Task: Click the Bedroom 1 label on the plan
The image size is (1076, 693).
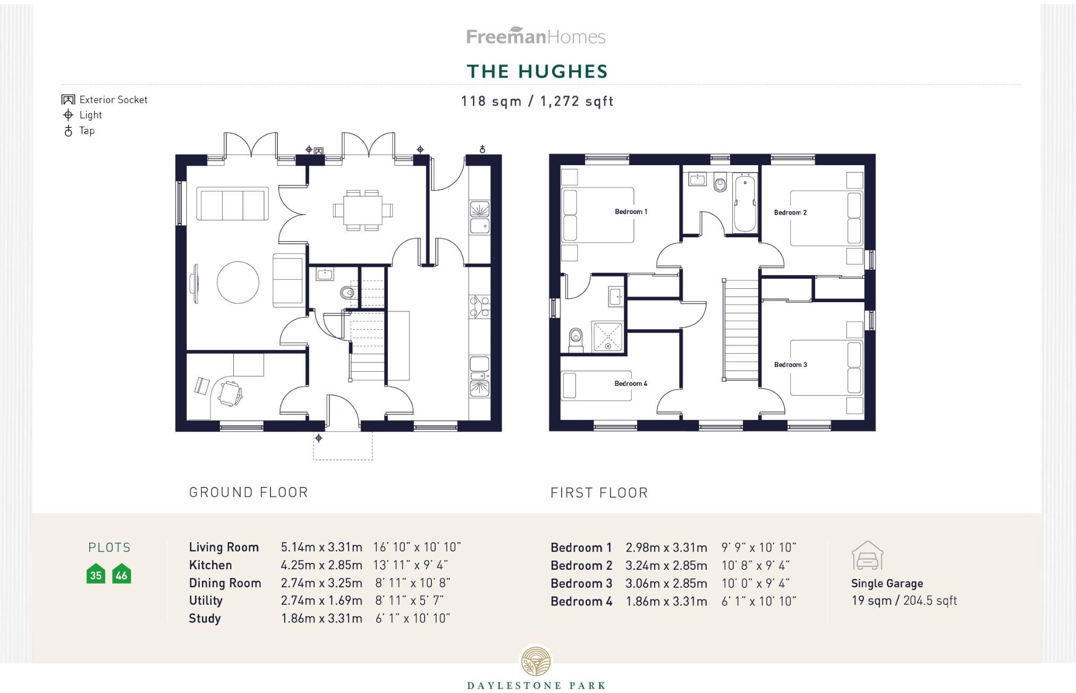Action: (x=631, y=211)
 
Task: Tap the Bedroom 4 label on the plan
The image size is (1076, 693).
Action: (x=631, y=383)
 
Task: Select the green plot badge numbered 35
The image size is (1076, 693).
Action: (x=96, y=574)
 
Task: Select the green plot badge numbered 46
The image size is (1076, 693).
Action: (x=121, y=574)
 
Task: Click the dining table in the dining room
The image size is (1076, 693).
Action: (x=363, y=210)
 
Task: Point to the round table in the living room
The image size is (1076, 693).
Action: (x=238, y=283)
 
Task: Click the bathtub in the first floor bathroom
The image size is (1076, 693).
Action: (x=745, y=203)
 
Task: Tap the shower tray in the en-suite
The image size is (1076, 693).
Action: (x=607, y=336)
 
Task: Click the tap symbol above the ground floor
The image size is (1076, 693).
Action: (x=482, y=149)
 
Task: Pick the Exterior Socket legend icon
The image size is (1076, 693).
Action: (x=68, y=99)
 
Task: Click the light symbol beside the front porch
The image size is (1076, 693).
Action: (x=318, y=438)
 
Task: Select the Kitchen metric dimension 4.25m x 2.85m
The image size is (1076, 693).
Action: (x=321, y=565)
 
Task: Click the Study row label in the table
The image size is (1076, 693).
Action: (x=205, y=618)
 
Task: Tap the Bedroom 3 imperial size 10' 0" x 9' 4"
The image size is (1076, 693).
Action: (x=755, y=583)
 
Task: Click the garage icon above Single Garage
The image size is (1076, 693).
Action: (x=867, y=555)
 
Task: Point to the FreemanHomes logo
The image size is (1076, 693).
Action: (x=536, y=36)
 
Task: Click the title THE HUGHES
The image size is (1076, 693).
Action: (x=537, y=71)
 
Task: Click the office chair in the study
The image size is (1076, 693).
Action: (x=231, y=393)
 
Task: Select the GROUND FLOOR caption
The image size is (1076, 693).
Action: (x=249, y=492)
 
